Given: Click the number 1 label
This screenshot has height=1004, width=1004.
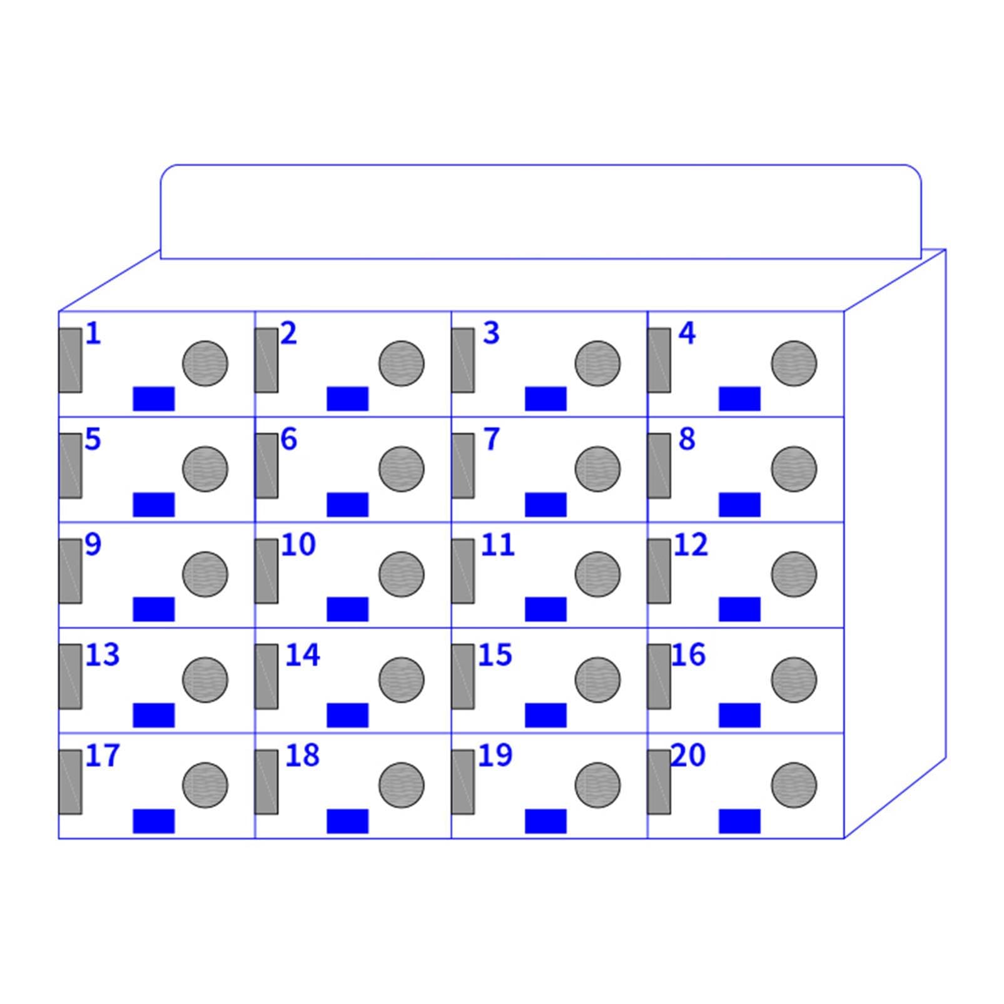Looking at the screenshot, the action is (93, 333).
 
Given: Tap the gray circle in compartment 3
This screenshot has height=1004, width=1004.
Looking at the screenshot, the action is (597, 363).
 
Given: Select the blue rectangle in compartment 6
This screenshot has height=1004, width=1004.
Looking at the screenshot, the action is (348, 505).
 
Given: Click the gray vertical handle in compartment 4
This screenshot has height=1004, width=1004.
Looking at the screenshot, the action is (659, 360).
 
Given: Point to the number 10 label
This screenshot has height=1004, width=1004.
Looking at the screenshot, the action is (298, 545).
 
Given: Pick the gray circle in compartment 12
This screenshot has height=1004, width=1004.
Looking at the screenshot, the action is (794, 574).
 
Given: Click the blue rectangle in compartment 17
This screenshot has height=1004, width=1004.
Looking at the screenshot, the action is (154, 821).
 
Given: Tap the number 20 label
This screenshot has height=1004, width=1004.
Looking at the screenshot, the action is (688, 755).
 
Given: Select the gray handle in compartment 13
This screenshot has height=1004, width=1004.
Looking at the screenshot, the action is (70, 677).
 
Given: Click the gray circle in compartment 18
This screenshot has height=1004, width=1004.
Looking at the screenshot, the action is (402, 785).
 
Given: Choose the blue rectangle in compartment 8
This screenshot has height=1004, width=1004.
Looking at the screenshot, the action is (740, 505).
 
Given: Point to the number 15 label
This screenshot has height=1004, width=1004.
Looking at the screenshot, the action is (495, 655).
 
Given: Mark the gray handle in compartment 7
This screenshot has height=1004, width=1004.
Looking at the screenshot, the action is (463, 466).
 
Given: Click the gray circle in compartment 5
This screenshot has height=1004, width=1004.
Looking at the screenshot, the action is (205, 469).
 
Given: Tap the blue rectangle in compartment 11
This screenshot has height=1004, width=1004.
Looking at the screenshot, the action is (546, 609).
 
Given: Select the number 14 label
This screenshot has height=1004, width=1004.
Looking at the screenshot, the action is (303, 655).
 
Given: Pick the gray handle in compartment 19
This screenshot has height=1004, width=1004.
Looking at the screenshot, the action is (463, 782).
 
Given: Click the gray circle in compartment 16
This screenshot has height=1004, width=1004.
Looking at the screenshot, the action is (794, 680).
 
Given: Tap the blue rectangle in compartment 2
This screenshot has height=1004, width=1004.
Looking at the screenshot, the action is (348, 399).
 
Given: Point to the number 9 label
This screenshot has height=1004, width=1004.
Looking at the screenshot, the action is (93, 545).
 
